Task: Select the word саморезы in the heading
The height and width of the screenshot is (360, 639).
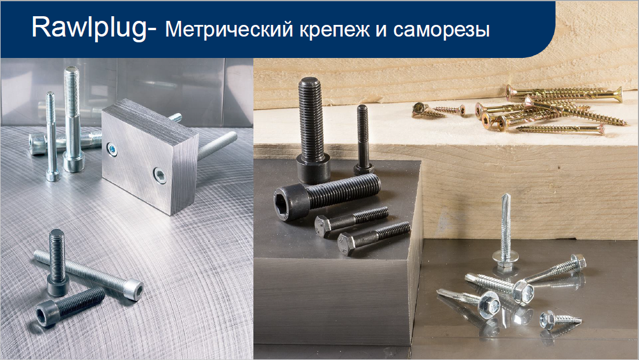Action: click(x=441, y=30)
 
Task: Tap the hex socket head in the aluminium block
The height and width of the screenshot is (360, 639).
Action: click(x=159, y=176)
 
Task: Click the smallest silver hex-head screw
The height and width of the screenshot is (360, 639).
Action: click(x=559, y=319)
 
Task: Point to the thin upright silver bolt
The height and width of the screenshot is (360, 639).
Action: click(x=52, y=136)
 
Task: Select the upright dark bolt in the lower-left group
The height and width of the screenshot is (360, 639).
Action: click(x=57, y=262)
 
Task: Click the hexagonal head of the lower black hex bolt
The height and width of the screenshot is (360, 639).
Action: click(x=347, y=243)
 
